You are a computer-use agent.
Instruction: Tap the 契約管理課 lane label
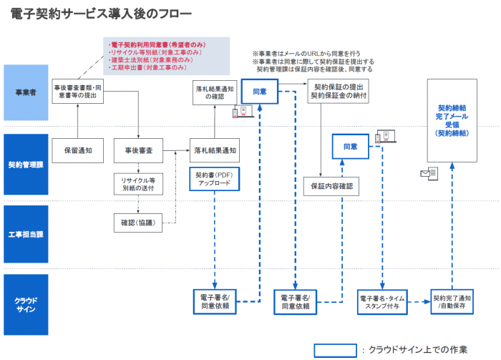(x=26, y=165)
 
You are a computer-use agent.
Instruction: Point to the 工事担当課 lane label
(x=26, y=235)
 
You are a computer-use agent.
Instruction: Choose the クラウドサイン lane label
(x=26, y=305)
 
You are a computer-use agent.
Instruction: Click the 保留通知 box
(x=75, y=151)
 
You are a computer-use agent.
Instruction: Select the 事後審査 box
(x=138, y=151)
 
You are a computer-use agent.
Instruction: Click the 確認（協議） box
(x=138, y=222)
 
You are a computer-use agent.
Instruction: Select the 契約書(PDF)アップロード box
(x=213, y=179)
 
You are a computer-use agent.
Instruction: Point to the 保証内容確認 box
(x=331, y=186)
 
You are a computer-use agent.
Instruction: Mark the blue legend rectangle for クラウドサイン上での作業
(x=335, y=349)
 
